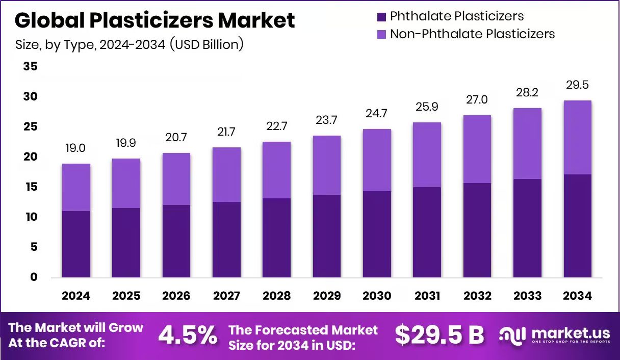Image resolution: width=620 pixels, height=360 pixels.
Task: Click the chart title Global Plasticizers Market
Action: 155,20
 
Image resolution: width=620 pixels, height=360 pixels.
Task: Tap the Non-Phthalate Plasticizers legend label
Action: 472,34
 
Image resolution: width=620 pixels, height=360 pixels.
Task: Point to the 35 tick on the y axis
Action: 30,67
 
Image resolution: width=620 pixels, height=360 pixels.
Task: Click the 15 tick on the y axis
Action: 30,187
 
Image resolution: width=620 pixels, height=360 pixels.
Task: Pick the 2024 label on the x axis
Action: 76,296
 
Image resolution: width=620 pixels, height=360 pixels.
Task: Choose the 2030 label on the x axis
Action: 377,296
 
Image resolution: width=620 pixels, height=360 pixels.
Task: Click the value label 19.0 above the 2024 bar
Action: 75,148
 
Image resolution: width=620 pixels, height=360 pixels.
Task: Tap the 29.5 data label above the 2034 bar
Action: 578,85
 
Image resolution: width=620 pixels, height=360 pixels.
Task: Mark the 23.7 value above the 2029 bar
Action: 326,120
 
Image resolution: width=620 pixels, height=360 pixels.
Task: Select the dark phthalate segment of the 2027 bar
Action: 226,240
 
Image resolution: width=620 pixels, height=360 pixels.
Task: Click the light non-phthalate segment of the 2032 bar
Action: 477,149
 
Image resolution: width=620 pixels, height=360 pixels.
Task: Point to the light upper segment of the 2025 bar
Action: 126,183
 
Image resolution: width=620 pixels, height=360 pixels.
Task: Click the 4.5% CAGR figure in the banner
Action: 188,335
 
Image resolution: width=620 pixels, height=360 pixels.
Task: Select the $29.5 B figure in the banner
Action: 440,335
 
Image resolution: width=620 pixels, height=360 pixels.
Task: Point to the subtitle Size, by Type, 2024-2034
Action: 130,44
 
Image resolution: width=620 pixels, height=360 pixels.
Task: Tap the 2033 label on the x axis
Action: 527,296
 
